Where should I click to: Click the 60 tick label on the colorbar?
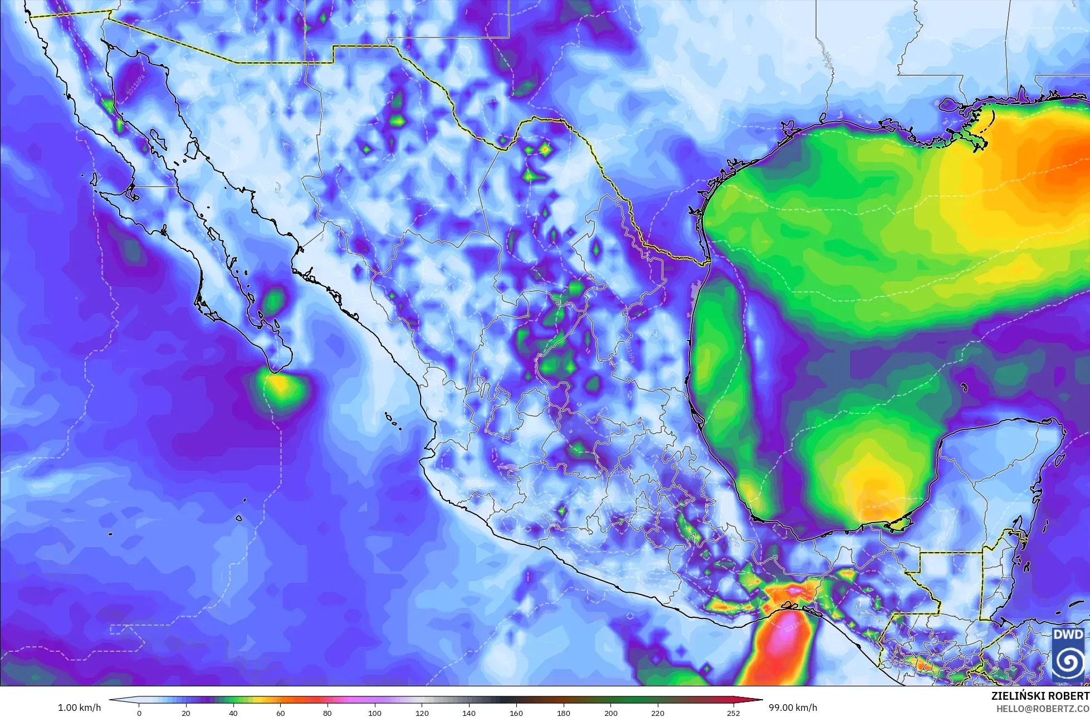click(280, 713)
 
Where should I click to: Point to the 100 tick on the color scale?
click(375, 713)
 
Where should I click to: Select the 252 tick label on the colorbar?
click(733, 713)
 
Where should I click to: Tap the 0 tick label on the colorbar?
click(139, 713)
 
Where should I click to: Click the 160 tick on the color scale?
click(516, 713)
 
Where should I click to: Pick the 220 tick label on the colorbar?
click(658, 713)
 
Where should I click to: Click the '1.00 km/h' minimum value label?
click(79, 708)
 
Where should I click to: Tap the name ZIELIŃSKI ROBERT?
click(1040, 696)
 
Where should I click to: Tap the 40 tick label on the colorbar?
click(233, 713)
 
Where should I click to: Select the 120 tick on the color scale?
click(422, 713)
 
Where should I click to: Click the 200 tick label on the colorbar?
click(610, 713)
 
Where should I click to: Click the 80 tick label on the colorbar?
click(328, 713)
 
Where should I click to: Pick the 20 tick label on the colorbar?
click(186, 713)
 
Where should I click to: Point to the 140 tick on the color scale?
click(469, 713)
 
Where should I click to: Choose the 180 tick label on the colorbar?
click(564, 713)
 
